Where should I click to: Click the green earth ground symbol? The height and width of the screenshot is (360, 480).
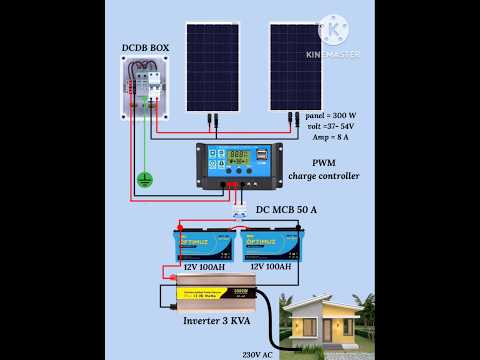[144, 180]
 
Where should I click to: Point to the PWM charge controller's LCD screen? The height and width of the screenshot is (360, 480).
[240, 157]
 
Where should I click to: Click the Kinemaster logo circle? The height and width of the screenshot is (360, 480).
[333, 28]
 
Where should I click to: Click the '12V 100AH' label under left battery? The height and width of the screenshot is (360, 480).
[203, 267]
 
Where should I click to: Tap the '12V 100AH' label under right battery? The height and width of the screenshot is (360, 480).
[270, 267]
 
